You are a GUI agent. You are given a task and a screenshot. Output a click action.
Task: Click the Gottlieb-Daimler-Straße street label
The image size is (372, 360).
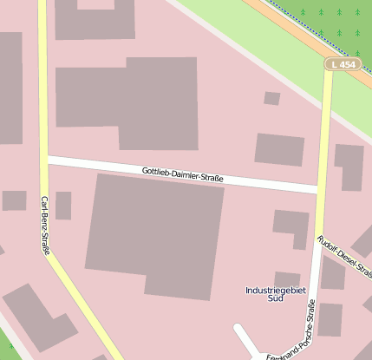pyautogui.click(x=182, y=175)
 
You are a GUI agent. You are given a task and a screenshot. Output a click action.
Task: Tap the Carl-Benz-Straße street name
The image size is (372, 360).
pyautogui.click(x=45, y=225)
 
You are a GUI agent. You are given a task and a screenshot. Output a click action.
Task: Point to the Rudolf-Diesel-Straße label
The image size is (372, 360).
pyautogui.click(x=344, y=257)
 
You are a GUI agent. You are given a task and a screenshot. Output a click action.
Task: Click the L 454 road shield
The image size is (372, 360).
pyautogui.click(x=342, y=64)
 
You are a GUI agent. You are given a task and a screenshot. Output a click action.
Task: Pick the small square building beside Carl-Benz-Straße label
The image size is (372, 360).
pyautogui.click(x=63, y=206)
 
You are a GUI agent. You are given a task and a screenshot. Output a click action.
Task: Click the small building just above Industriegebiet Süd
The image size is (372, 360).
pyautogui.click(x=287, y=279)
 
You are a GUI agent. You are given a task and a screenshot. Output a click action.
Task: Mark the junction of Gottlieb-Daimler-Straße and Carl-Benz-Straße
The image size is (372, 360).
pyautogui.click(x=44, y=160)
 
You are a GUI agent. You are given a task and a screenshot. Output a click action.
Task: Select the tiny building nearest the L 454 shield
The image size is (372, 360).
pyautogui.click(x=271, y=98)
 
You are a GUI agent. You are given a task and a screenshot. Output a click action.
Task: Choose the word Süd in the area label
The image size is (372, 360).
pyautogui.click(x=277, y=298)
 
